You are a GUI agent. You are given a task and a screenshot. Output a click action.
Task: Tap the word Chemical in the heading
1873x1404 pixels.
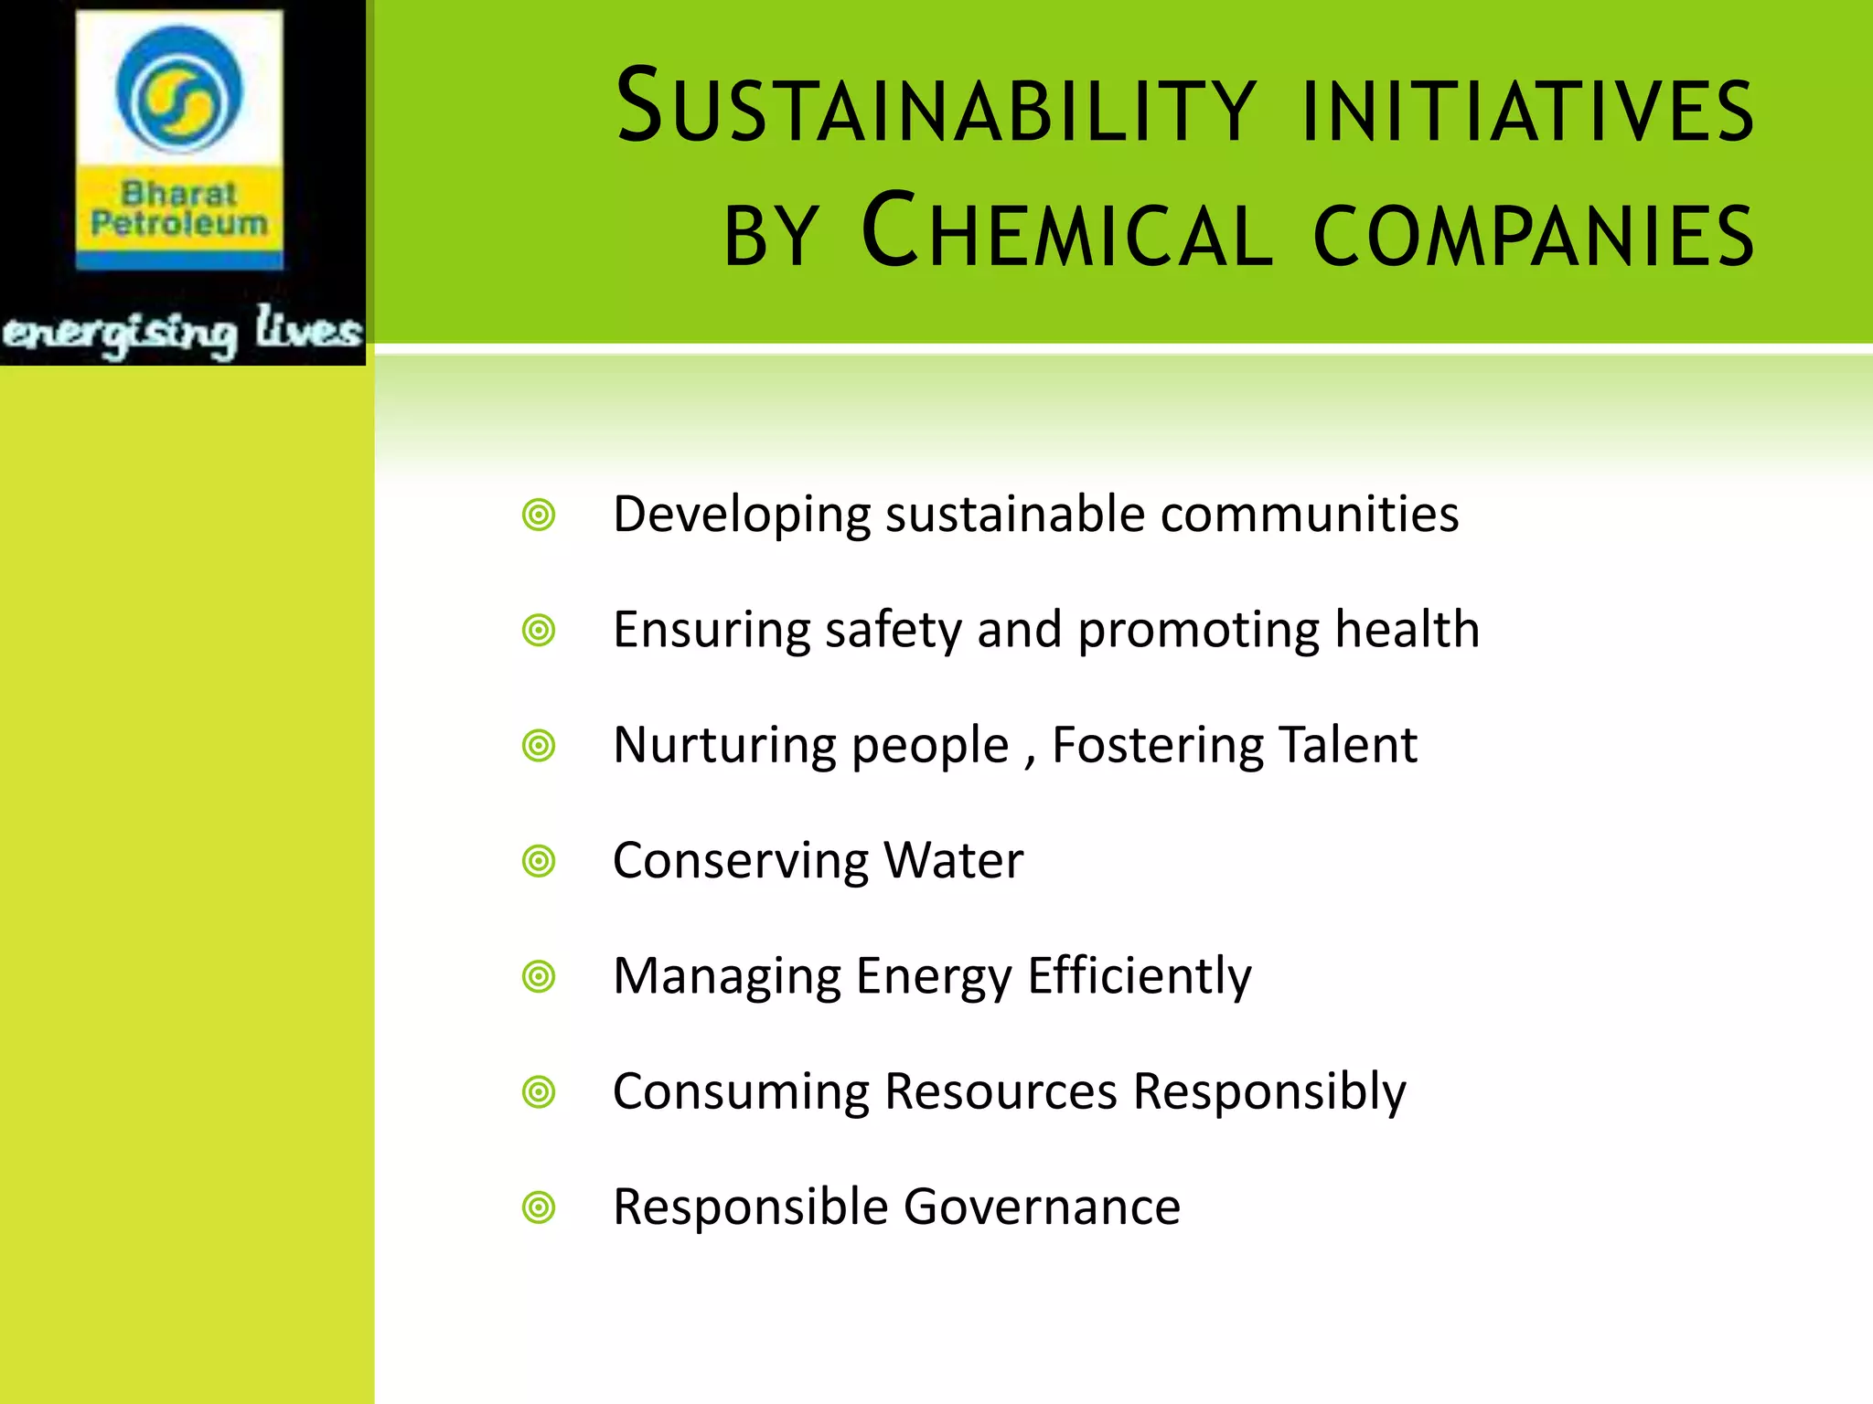(x=1066, y=231)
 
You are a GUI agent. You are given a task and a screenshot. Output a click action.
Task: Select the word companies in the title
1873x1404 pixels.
(x=1534, y=234)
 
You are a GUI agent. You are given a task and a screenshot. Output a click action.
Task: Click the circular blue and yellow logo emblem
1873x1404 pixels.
(x=179, y=89)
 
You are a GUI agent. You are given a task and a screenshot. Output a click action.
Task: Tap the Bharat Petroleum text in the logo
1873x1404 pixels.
(x=179, y=208)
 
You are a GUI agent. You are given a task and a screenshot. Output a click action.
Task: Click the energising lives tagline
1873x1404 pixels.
(x=182, y=331)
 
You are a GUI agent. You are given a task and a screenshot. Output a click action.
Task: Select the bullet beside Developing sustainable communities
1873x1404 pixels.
(x=539, y=516)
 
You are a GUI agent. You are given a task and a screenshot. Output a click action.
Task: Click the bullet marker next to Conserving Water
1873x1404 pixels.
(x=539, y=861)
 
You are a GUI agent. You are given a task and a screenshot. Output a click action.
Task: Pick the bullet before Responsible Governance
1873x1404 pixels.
(x=539, y=1207)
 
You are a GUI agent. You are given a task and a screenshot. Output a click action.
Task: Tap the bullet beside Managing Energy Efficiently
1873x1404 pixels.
(x=539, y=977)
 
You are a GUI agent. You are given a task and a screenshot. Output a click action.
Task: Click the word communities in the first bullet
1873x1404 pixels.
(x=1310, y=515)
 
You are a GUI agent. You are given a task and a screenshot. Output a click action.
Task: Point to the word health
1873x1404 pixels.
(x=1407, y=630)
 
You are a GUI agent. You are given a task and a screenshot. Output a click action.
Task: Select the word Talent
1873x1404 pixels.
(x=1348, y=745)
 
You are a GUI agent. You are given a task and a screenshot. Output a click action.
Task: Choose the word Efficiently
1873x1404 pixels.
(x=1140, y=977)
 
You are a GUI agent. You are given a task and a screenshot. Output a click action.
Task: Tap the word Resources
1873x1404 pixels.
(x=1001, y=1091)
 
